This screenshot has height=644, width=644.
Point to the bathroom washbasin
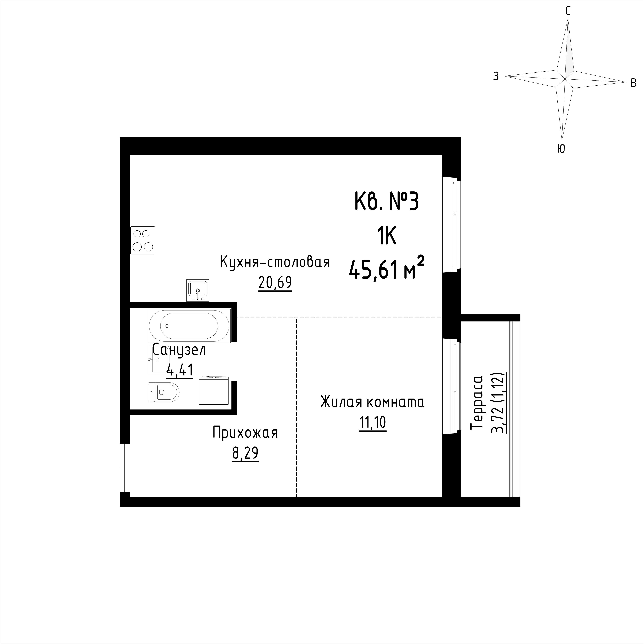click(158, 359)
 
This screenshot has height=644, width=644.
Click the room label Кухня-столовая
click(275, 262)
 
